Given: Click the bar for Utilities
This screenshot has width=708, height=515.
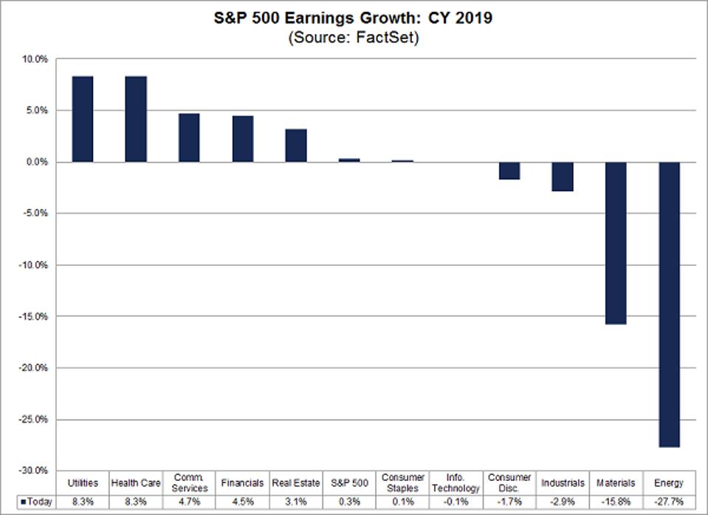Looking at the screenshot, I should (83, 119).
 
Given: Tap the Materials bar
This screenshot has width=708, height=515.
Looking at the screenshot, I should (616, 243).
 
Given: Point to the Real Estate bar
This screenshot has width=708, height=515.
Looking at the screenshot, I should (296, 146).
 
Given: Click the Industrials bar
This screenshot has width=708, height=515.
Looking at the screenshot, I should (563, 177).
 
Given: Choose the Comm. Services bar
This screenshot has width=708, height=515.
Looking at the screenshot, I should (189, 137).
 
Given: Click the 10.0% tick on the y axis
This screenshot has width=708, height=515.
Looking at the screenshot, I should (35, 59).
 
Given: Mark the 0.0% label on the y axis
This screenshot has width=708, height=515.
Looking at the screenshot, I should (36, 162).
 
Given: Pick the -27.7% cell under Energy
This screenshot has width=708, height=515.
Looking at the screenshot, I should (669, 502).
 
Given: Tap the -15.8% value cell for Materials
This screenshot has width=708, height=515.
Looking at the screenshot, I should (616, 502).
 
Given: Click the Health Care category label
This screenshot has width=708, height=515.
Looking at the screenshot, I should (136, 483).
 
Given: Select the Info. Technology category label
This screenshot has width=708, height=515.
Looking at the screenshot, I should (456, 483).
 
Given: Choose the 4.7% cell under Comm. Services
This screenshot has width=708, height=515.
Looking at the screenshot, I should (189, 502).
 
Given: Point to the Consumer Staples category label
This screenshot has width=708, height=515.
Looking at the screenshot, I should (402, 483).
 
